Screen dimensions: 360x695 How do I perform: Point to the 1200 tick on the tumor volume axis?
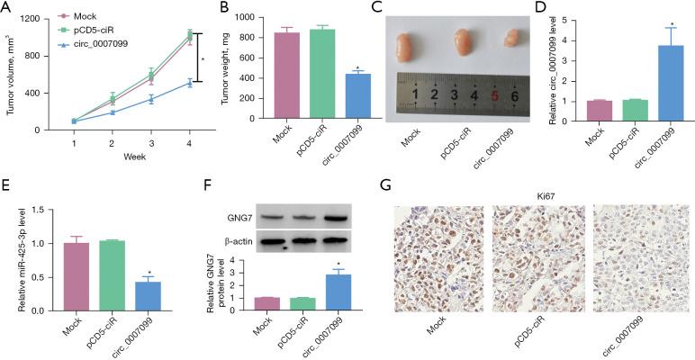click(x=36, y=18)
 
